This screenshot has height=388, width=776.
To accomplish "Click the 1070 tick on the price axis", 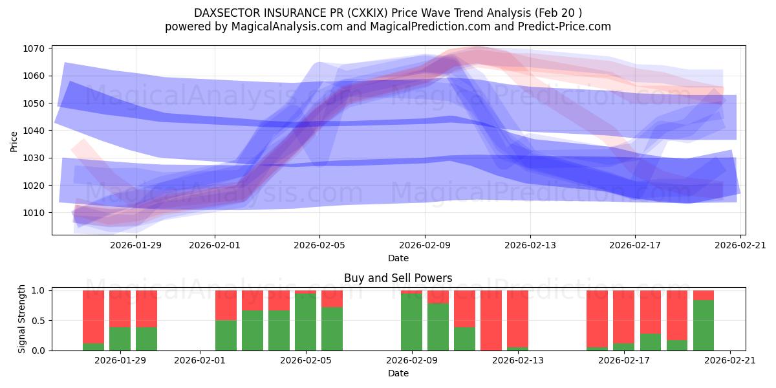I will [34, 48].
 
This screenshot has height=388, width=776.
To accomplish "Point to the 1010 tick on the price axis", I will [34, 213].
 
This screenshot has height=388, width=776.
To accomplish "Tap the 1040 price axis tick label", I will [34, 131].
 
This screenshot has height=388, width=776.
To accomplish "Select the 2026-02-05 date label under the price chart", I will [319, 245].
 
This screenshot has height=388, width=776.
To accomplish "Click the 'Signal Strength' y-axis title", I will [22, 319].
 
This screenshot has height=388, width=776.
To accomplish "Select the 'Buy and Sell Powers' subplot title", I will [398, 279].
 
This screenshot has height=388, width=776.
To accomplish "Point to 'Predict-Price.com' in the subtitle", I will [562, 27].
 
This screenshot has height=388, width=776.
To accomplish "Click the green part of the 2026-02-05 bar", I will [305, 322].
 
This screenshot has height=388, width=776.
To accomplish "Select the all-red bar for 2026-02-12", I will [491, 320].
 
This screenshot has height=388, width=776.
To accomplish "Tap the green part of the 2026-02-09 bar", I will [411, 322].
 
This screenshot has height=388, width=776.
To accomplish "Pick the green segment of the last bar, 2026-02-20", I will [704, 325].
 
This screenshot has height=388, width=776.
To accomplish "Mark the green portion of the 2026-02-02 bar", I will [226, 336].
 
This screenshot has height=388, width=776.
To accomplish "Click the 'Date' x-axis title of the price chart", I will [398, 258].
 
